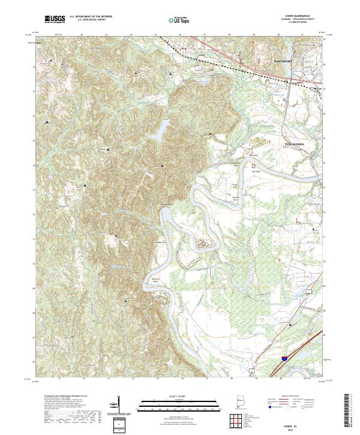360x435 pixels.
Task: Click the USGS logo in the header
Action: click(55, 20)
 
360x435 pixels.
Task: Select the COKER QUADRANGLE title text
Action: click(301, 16)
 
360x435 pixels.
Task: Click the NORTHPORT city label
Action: click(283, 62)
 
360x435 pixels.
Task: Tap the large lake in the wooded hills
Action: click(161, 128)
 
